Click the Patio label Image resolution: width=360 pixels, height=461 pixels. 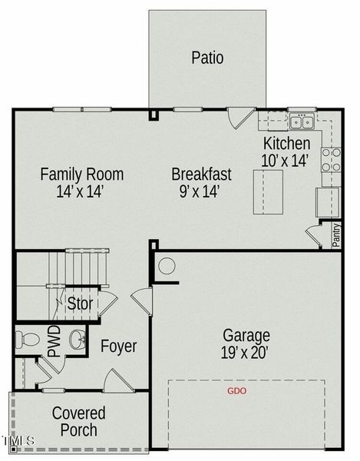click(207, 58)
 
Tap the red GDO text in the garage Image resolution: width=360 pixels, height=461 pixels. click(236, 391)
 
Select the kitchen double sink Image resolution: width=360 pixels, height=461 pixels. click(302, 122)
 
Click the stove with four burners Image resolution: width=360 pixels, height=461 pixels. click(332, 160)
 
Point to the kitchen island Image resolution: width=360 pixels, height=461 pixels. click(268, 191)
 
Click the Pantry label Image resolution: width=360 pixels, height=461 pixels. click(336, 235)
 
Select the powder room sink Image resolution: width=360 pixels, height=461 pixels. click(78, 340)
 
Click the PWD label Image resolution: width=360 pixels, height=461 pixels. click(54, 341)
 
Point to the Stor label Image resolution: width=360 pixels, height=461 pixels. click(80, 303)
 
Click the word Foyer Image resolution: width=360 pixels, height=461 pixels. click(119, 346)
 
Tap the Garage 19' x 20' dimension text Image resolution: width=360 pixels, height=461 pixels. click(246, 344)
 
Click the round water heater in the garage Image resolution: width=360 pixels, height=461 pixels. click(167, 266)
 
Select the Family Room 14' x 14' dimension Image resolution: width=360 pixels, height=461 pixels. click(81, 183)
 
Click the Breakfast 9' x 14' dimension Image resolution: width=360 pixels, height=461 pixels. click(201, 183)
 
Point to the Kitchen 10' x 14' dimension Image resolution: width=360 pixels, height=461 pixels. click(286, 152)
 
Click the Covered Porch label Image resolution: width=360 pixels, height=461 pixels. click(79, 421)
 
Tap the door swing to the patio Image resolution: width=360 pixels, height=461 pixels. click(241, 118)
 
